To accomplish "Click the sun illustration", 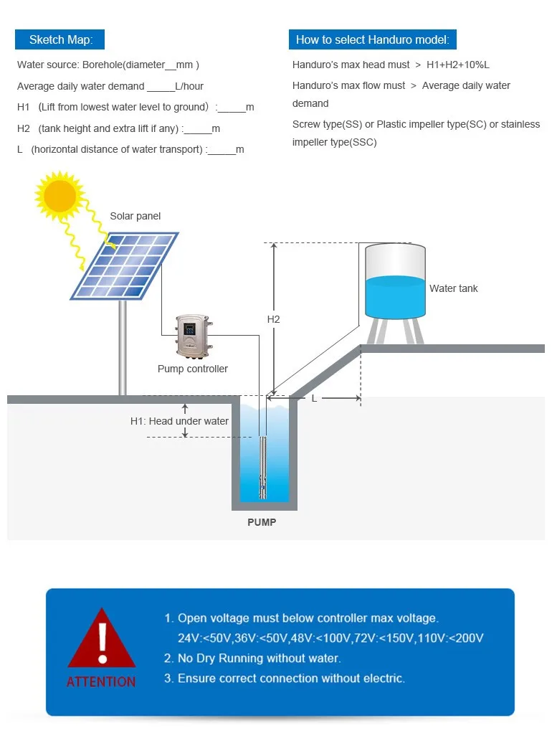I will point(60,195).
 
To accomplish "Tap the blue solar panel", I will point(125,265).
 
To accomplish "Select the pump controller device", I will point(193,336).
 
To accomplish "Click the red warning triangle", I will point(102,640).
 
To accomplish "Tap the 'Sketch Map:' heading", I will point(61,39).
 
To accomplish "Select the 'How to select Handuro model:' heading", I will point(373,39).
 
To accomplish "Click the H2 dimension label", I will point(273,319).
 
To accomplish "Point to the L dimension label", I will point(314,398).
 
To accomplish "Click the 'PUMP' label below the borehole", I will point(262,522).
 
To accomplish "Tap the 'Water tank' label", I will point(453,288).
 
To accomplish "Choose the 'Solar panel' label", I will point(135,216).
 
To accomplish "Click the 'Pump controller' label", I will point(193,369).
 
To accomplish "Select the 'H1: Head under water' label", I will point(179,421).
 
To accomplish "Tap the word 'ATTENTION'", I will point(101,681).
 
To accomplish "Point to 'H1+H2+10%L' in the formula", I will point(458,65).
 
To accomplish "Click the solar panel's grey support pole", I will point(123,348).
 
